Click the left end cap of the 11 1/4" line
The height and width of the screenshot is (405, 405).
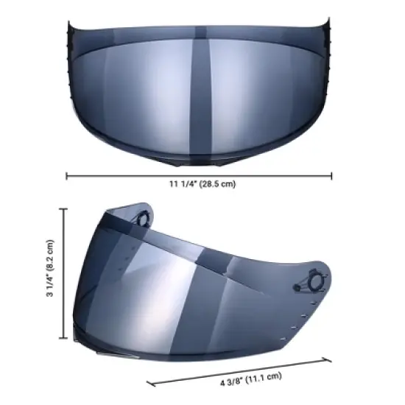tap(67, 175)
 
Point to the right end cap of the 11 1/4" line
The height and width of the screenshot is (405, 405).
tap(332, 175)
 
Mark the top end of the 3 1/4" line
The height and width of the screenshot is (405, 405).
tap(65, 210)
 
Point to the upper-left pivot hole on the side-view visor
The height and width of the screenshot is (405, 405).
tap(140, 215)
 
